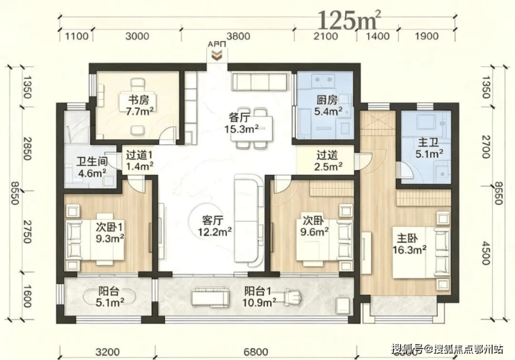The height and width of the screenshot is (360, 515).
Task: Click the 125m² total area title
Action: [x=349, y=20]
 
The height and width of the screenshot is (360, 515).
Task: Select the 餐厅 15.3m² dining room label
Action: [x=241, y=123]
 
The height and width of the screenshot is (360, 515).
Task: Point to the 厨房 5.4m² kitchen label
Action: [x=328, y=106]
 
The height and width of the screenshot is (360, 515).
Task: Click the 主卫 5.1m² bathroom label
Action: [x=429, y=148]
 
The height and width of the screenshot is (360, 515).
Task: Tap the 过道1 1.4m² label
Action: [x=140, y=160]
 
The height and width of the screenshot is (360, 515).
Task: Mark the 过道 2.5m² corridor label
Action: [x=328, y=160]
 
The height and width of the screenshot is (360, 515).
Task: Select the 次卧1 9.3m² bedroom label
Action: [x=110, y=232]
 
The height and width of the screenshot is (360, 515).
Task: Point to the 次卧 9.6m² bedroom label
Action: [x=315, y=226]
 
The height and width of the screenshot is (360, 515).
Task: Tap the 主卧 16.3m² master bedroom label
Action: [x=410, y=244]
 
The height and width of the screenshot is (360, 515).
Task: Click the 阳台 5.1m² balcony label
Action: [x=110, y=297]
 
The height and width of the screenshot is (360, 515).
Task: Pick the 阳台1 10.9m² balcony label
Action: [x=259, y=297]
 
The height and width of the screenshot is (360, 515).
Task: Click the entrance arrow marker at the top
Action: [x=216, y=55]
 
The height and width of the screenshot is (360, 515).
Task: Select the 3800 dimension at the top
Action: [x=238, y=36]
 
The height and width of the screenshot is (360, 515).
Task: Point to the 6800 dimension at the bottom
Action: [x=256, y=352]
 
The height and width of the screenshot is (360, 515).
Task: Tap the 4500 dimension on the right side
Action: [x=486, y=253]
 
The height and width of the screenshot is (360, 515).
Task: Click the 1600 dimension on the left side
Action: [x=27, y=296]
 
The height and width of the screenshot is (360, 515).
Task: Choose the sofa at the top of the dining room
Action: [x=259, y=81]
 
